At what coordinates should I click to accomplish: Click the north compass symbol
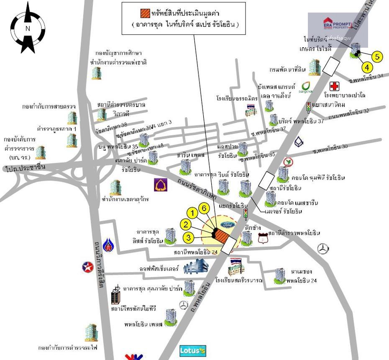pyautogui.click(x=28, y=28)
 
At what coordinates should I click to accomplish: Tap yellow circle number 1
pyautogui.click(x=192, y=213)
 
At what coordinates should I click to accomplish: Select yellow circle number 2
pyautogui.click(x=186, y=225)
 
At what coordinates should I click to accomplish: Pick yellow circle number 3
pyautogui.click(x=189, y=238)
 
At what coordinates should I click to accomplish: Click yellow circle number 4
pyautogui.click(x=367, y=67)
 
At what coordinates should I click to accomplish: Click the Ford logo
pyautogui.click(x=227, y=225)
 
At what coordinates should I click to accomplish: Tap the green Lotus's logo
pyautogui.click(x=193, y=351)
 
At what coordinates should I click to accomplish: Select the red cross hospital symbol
pyautogui.click(x=334, y=87)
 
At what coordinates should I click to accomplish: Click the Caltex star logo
pyautogui.click(x=88, y=267)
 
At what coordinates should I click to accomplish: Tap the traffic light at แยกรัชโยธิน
pyautogui.click(x=246, y=214)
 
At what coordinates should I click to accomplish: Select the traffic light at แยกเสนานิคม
pyautogui.click(x=309, y=108)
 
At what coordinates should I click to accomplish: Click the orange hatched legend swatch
pyautogui.click(x=145, y=13)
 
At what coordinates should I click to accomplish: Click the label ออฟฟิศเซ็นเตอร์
pyautogui.click(x=159, y=269)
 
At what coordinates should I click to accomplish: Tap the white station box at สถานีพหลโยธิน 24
pyautogui.click(x=228, y=247)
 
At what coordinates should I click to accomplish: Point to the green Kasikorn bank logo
pyautogui.click(x=288, y=162)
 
